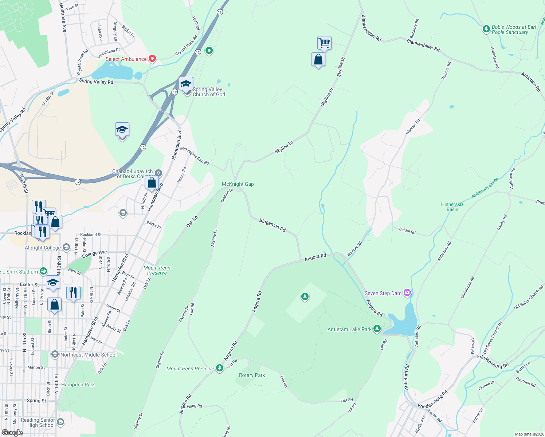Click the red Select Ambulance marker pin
point(152,59)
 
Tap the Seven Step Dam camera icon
point(407,293)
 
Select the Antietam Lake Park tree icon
point(377,329)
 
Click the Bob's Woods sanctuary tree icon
point(486,29)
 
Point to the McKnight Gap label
point(238,184)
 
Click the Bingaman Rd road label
point(272,225)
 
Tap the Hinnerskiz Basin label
point(452,207)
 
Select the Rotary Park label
point(252,375)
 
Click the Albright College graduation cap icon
point(66,247)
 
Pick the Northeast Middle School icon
point(55,354)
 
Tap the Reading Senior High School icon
point(60,422)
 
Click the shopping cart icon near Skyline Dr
point(324,43)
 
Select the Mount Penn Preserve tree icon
point(219,368)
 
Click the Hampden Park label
point(78,385)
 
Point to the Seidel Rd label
point(407,231)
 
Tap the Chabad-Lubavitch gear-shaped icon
point(158,173)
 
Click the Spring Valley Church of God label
point(209,92)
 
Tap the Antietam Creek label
point(485,188)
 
